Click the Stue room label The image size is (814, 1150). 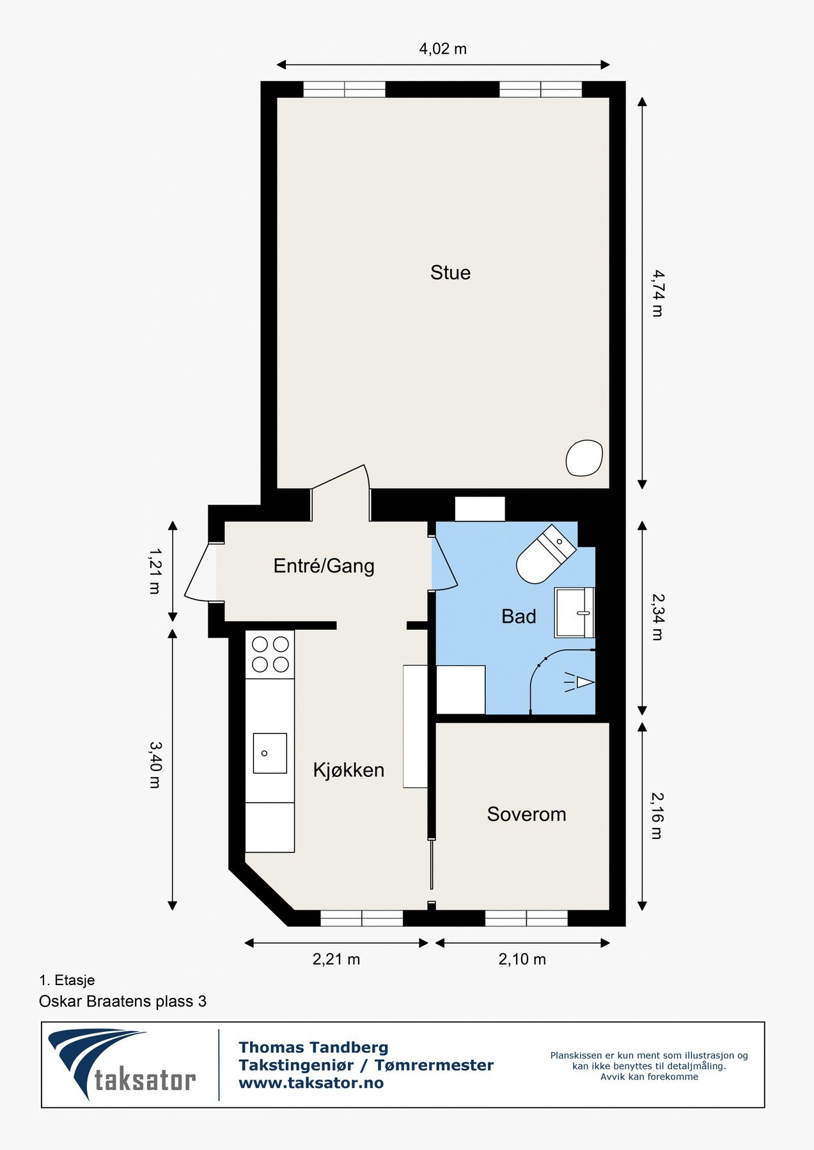point(450,273)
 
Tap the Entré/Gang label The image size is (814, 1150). point(324,566)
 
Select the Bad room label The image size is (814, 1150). point(519,617)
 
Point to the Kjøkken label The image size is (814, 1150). point(348,770)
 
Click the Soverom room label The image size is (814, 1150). point(526,814)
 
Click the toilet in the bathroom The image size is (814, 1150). point(545,555)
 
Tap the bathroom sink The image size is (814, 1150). point(575,613)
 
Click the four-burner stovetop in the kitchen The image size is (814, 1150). point(270,654)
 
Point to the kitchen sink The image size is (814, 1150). point(270,753)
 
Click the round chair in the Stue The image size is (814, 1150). point(584,457)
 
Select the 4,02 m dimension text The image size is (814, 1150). point(443,49)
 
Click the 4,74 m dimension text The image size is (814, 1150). point(657,293)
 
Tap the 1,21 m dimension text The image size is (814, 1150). point(155,571)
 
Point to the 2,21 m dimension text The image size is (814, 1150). point(336,959)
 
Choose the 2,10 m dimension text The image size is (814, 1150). point(522,959)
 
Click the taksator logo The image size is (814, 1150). point(122,1064)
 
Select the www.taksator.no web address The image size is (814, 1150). point(311,1083)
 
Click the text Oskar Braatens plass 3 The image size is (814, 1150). point(123,1001)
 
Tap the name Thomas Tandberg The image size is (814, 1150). point(313,1047)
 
